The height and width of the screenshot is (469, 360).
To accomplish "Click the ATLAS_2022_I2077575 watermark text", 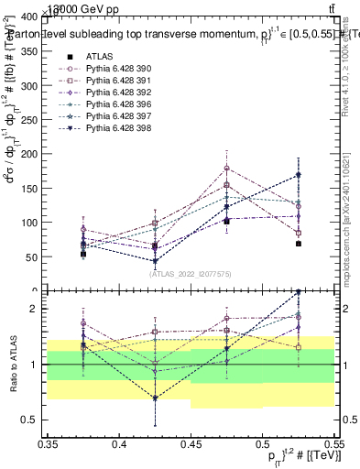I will [x=191, y=273].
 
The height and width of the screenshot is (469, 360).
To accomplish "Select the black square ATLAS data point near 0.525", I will [x=299, y=244].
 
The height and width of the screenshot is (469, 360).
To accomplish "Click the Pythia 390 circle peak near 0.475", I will [x=226, y=168].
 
